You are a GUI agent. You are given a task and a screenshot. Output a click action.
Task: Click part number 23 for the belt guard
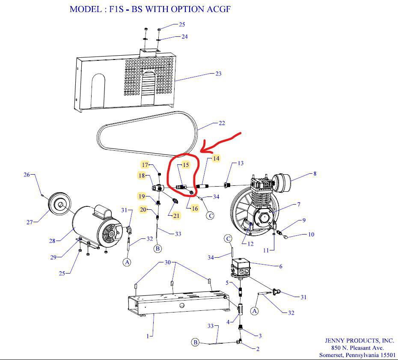pos(218,74)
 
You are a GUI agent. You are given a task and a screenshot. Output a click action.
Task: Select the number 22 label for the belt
pos(221,123)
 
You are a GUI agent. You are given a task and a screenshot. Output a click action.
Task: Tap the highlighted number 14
pos(216,158)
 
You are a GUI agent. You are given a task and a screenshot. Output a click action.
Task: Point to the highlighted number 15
pos(186,165)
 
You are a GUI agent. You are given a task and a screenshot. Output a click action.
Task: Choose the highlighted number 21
pos(176,216)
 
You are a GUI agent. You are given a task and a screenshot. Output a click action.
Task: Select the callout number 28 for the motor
pos(52,241)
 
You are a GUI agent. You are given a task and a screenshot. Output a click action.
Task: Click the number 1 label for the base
pos(148,336)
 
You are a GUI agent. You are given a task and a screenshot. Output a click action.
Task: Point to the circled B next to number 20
pos(157,248)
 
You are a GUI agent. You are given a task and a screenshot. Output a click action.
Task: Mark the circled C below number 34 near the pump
pos(210,215)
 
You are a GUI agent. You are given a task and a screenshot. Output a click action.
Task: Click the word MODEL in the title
pos(86,9)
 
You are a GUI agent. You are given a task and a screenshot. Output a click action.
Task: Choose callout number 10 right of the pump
pos(311,235)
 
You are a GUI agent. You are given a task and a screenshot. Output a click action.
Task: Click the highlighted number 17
pos(145,165)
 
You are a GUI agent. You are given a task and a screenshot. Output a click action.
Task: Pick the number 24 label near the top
pos(184,37)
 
